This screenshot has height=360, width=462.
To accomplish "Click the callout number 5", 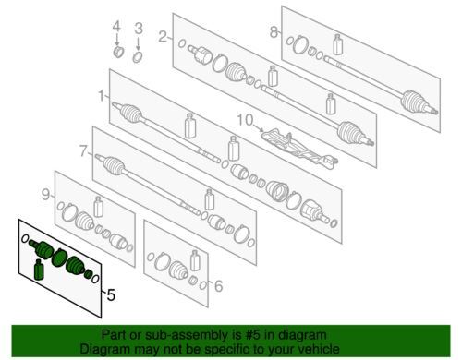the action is (x=111, y=295).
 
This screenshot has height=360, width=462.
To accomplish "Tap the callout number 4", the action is (x=116, y=27).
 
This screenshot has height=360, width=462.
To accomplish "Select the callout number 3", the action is (x=139, y=29).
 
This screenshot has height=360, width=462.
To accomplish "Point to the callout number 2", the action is (x=163, y=37).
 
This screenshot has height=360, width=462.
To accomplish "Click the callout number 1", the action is (x=102, y=96).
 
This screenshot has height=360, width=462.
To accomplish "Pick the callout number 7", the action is (x=83, y=151).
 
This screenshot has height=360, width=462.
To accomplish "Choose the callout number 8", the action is (x=274, y=31).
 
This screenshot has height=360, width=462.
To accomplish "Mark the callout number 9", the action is (x=45, y=195).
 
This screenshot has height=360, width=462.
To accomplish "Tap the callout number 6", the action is (x=218, y=286).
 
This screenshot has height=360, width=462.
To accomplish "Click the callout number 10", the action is (x=245, y=120).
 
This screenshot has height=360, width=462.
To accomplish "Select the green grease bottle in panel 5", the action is (x=39, y=270).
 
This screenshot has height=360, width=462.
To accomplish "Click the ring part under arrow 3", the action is (x=138, y=57).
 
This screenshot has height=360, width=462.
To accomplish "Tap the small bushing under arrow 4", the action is (x=118, y=52).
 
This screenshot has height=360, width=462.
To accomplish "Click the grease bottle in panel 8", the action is (x=338, y=45).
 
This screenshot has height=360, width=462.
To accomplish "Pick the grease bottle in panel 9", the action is (x=98, y=207).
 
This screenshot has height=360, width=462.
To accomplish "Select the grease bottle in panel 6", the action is (x=195, y=260).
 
